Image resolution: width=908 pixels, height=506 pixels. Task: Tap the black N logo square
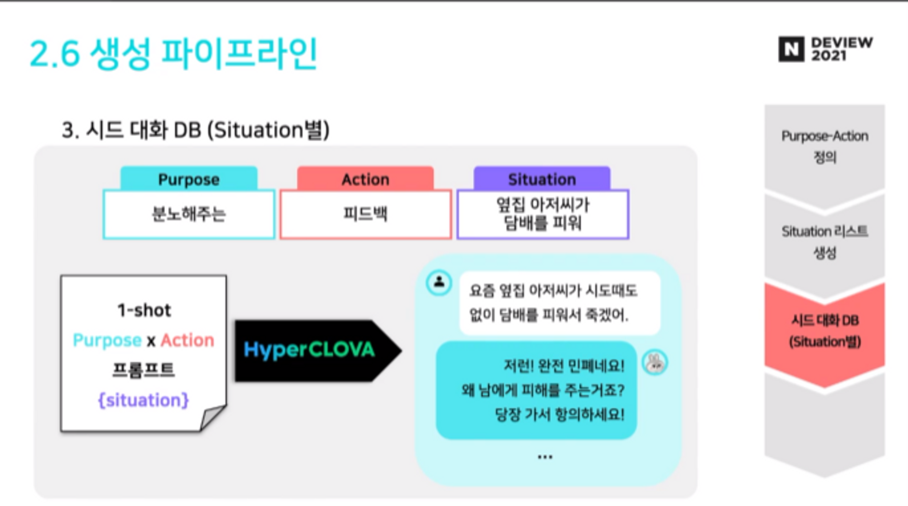(x=791, y=49)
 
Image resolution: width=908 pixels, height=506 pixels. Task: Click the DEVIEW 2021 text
(x=842, y=49)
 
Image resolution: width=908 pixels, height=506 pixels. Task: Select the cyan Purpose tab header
(x=189, y=179)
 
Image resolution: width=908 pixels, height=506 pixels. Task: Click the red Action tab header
(x=365, y=179)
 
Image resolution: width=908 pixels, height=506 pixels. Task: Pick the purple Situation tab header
(x=542, y=179)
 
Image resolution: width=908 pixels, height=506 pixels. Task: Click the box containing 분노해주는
(x=189, y=214)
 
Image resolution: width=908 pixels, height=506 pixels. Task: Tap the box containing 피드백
(x=365, y=214)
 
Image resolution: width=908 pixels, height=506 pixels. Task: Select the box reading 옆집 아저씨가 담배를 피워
(x=543, y=214)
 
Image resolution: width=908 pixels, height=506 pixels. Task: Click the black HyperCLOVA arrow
(x=313, y=350)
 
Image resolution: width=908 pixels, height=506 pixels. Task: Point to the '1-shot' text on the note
(x=144, y=310)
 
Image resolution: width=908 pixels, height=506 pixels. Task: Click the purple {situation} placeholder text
(x=143, y=400)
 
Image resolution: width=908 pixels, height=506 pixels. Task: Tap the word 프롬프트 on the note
(x=143, y=370)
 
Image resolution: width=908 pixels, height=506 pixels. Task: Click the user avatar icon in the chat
(x=439, y=282)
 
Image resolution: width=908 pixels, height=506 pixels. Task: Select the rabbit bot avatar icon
(x=655, y=363)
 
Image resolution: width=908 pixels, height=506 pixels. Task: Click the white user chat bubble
(x=559, y=303)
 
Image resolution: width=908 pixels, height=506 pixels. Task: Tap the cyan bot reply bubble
(x=537, y=390)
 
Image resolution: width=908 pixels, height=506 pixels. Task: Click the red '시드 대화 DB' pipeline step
(x=824, y=331)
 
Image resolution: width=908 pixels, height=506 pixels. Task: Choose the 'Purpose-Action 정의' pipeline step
(x=824, y=147)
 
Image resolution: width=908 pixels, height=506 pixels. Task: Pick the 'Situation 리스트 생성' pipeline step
(x=824, y=242)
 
